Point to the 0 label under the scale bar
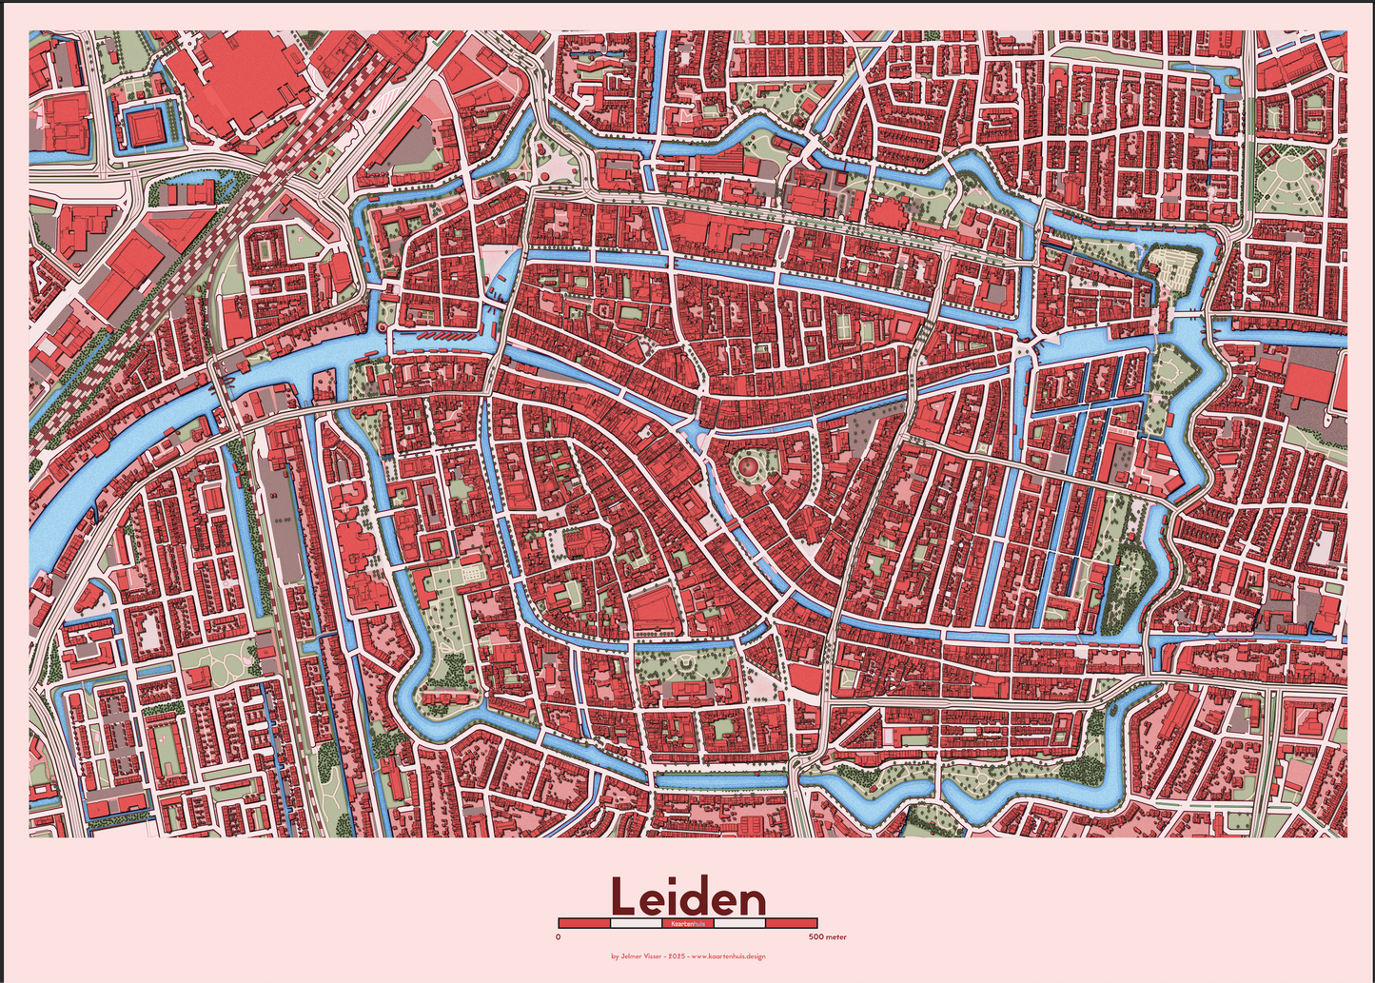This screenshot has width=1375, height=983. click(558, 937)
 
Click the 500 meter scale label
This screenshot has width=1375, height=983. click(827, 937)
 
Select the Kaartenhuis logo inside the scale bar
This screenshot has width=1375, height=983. click(687, 923)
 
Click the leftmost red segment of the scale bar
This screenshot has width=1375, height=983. click(583, 923)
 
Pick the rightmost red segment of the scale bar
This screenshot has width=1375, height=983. click(791, 923)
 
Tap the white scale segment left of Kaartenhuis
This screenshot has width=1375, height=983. click(636, 923)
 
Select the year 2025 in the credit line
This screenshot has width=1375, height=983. click(676, 956)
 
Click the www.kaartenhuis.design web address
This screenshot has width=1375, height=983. click(728, 956)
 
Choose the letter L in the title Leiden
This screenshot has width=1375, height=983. click(623, 896)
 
